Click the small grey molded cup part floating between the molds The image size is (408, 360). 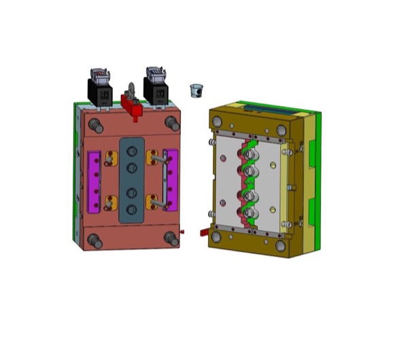(x=197, y=90)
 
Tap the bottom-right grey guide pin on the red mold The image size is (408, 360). (x=171, y=237)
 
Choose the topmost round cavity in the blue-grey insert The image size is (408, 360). (x=131, y=151)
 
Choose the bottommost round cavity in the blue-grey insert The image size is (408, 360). (x=131, y=208)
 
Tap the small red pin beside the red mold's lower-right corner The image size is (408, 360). (x=184, y=234)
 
